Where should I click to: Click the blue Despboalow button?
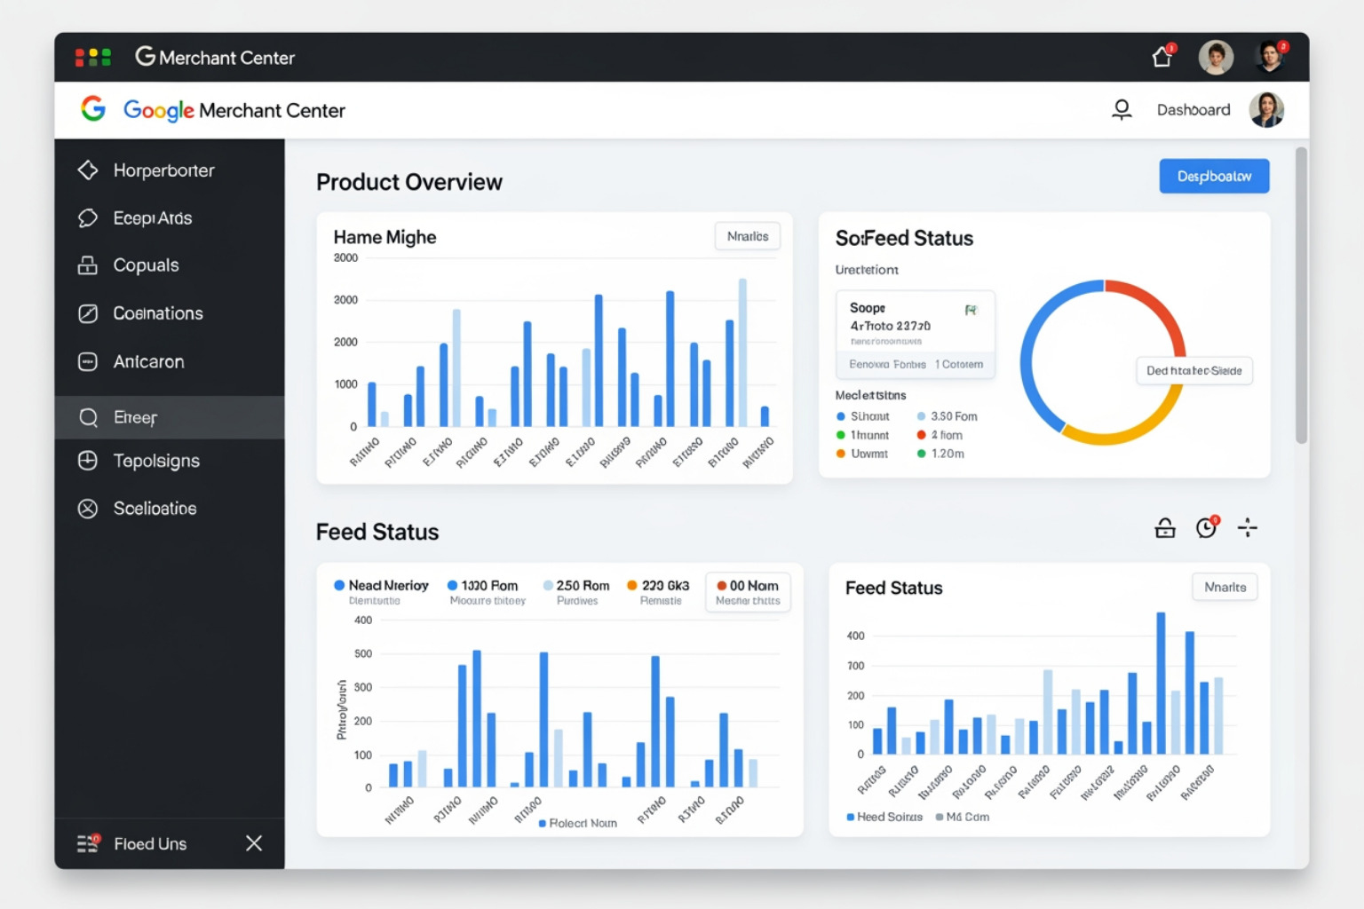tap(1213, 177)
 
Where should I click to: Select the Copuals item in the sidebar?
tap(146, 265)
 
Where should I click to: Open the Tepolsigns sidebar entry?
tap(155, 461)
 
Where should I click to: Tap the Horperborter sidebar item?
tap(163, 170)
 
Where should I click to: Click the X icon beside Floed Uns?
tap(254, 843)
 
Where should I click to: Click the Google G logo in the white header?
tap(93, 109)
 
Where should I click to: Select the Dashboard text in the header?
tap(1193, 110)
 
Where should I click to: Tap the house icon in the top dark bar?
tap(1162, 58)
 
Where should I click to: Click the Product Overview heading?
tap(409, 182)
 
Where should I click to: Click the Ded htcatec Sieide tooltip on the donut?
tap(1193, 371)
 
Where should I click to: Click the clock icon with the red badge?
tap(1206, 528)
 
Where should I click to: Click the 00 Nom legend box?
tap(748, 592)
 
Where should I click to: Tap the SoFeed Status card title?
tap(904, 238)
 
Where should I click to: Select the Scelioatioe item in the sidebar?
tap(155, 509)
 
